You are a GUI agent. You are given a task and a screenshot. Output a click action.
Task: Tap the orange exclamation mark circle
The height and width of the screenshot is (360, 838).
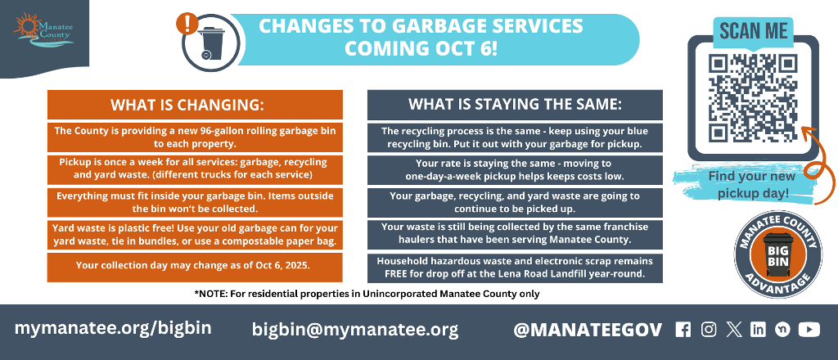[187, 24]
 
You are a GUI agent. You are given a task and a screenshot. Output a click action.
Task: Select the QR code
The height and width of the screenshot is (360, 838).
[753, 97]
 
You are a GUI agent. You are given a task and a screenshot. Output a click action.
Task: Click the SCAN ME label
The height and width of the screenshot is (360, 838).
[753, 31]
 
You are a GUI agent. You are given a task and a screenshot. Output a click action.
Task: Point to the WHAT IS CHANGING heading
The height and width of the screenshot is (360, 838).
[195, 104]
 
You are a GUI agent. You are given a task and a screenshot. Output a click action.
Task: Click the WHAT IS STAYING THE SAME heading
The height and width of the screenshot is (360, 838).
[515, 104]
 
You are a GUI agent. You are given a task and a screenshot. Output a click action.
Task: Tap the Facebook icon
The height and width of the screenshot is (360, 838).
[683, 330]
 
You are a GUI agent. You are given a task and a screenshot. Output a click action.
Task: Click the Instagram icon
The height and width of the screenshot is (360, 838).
[709, 330]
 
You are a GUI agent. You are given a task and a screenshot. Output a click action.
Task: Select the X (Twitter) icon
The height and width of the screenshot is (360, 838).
[734, 330]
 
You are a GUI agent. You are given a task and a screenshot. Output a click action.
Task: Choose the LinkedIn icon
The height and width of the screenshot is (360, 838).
[758, 330]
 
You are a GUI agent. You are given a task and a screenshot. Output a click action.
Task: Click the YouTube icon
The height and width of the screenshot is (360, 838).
[809, 330]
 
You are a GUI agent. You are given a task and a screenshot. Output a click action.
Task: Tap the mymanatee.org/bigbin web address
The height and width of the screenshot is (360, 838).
[113, 328]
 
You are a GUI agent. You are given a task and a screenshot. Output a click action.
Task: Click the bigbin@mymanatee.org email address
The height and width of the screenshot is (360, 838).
[355, 330]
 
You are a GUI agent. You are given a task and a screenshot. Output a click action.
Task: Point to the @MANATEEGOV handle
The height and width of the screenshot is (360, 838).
[588, 330]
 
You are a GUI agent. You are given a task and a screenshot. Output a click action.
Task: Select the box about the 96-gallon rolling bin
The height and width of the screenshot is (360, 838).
[195, 137]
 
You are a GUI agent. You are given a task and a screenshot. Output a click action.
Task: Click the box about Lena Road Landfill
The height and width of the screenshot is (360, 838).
[515, 268]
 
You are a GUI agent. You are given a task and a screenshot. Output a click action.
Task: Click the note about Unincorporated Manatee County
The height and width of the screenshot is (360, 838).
[367, 294]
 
